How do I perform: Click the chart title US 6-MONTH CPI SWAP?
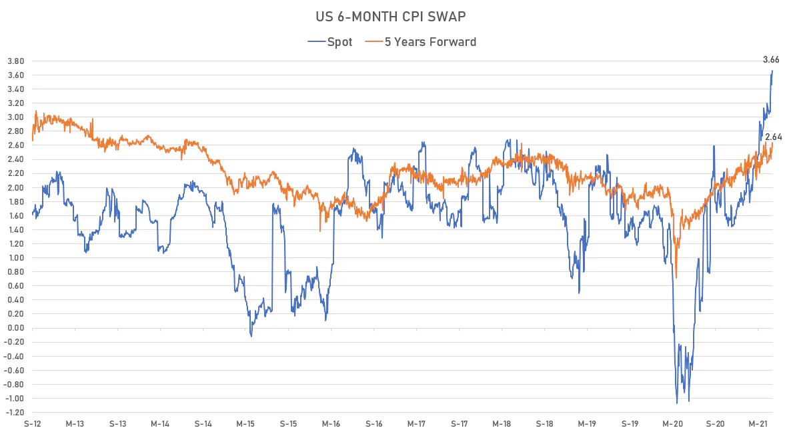click(x=390, y=17)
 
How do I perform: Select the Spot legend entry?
click(x=330, y=42)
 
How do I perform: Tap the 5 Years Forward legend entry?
click(x=421, y=42)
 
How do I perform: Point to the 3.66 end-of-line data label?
click(x=771, y=60)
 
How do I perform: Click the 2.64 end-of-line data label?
click(x=774, y=137)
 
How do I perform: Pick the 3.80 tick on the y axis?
click(x=16, y=61)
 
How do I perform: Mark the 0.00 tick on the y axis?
click(x=16, y=328)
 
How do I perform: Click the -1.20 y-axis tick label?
click(x=15, y=412)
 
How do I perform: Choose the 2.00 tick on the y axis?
click(x=16, y=187)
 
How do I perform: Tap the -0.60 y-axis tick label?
click(x=15, y=371)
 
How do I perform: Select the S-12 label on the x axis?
click(x=33, y=424)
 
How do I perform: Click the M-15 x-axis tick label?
click(x=245, y=424)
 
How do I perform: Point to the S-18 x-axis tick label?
click(x=545, y=424)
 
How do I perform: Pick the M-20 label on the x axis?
click(x=672, y=424)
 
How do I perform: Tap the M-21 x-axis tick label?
click(x=758, y=424)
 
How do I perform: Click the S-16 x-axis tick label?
click(x=373, y=424)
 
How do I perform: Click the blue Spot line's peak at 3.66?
click(x=772, y=71)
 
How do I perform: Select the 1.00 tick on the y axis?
click(x=16, y=258)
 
